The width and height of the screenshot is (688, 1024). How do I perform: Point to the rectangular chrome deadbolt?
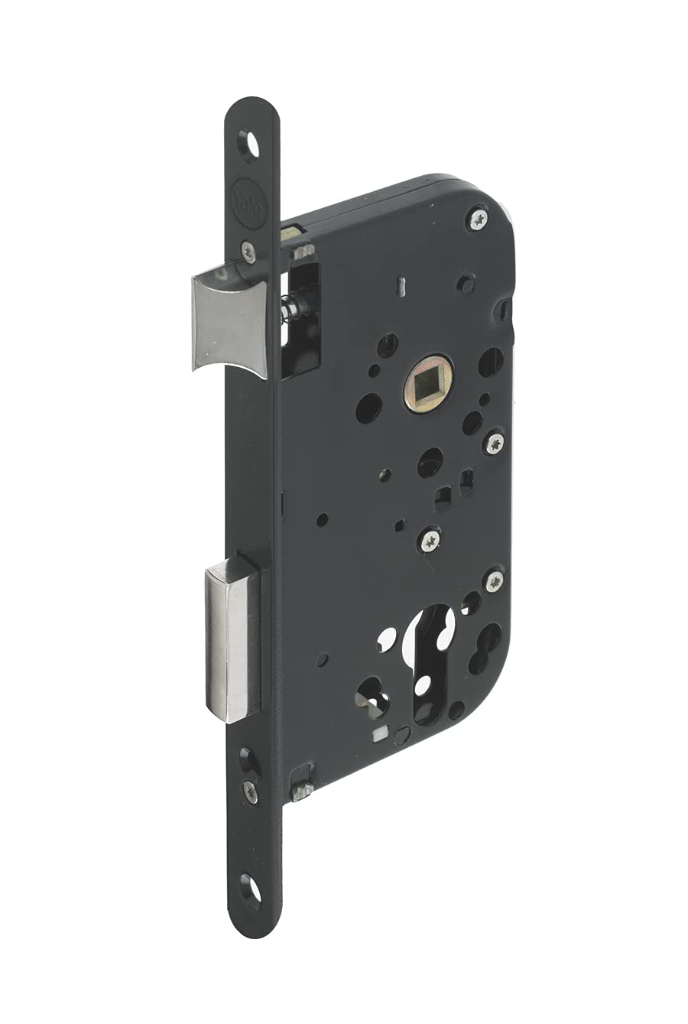(x=232, y=639)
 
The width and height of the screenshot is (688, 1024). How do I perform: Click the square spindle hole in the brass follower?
(x=428, y=382)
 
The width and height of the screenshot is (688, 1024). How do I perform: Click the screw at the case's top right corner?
(x=479, y=220)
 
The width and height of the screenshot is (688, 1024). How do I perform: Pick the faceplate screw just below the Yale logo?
(x=248, y=251)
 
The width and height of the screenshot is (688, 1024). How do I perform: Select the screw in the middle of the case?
(x=429, y=541)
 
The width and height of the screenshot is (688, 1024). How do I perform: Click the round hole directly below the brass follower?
(x=430, y=462)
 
